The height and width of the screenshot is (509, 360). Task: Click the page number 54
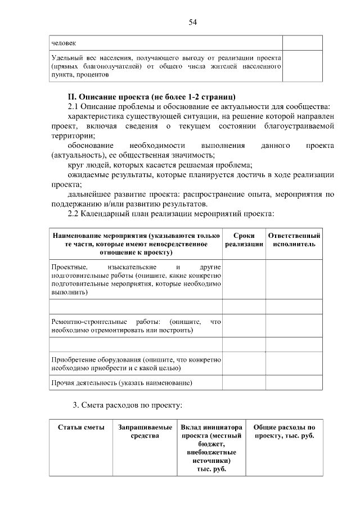tap(192, 22)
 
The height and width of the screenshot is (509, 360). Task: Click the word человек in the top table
tap(63, 43)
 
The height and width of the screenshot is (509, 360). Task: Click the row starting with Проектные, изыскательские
tap(136, 279)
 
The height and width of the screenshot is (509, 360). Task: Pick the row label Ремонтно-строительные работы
tap(136, 326)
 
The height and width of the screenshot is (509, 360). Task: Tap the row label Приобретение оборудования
tap(136, 363)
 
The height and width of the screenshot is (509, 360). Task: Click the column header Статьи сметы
tap(81, 427)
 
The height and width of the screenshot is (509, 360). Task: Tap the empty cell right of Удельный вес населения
tap(302, 65)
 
